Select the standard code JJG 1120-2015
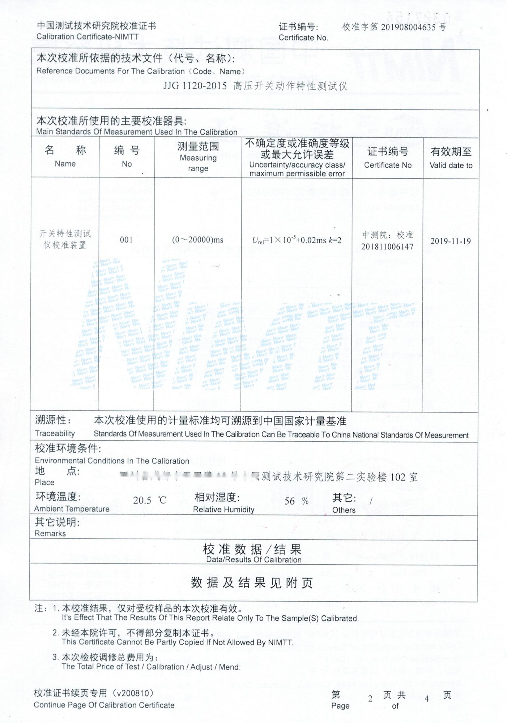tap(195, 86)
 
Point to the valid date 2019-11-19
tap(451, 241)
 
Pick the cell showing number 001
tap(126, 240)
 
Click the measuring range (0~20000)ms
tap(197, 240)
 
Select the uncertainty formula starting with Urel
tap(297, 240)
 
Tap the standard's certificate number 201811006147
tap(387, 247)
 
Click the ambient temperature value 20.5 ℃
tap(149, 500)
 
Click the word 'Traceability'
tap(55, 433)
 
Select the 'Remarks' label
tap(50, 534)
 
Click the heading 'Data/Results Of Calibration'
tap(253, 560)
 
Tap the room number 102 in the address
tap(398, 478)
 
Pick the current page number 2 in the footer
tap(370, 698)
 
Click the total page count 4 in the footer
tap(427, 698)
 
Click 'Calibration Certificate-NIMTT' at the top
tap(88, 37)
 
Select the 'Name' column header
tap(65, 164)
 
